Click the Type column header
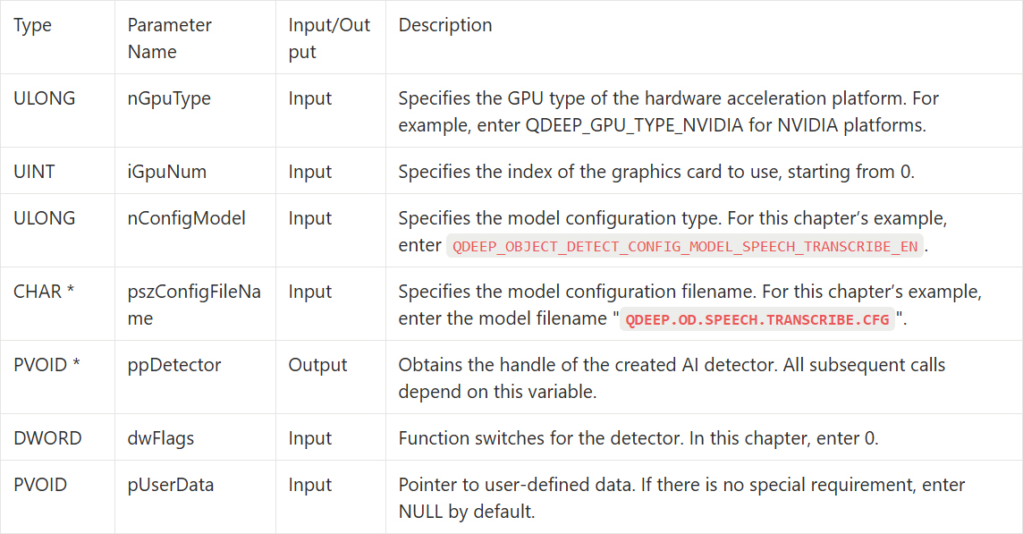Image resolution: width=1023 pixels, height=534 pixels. [32, 25]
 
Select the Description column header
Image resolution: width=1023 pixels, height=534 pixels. [445, 25]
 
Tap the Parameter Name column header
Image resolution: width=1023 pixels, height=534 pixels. [170, 38]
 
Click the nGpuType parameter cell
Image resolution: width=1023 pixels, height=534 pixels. [169, 98]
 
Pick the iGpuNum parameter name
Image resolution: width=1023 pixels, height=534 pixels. [167, 172]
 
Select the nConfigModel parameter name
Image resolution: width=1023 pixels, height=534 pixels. [187, 218]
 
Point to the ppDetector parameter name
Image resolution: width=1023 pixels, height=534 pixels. [174, 364]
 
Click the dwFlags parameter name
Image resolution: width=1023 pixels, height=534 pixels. [160, 438]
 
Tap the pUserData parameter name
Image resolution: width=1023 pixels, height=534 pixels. [170, 485]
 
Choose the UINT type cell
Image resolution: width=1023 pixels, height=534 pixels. [34, 172]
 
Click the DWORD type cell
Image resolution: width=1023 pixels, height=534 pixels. [47, 438]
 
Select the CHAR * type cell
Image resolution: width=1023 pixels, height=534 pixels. [44, 292]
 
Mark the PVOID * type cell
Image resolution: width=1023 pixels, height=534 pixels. [46, 364]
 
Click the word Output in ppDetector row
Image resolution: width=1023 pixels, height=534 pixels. [317, 364]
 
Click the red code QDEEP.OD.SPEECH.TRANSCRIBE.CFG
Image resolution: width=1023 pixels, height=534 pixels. [757, 319]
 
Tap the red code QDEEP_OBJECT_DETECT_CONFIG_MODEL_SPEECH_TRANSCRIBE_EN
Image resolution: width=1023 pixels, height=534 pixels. [685, 246]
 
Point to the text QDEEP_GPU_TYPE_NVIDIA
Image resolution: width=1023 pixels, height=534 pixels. [634, 124]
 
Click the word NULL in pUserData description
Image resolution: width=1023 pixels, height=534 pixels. [421, 511]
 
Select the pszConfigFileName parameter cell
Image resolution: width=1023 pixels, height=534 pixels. [194, 304]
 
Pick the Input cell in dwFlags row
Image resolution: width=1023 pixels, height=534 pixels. [310, 438]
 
